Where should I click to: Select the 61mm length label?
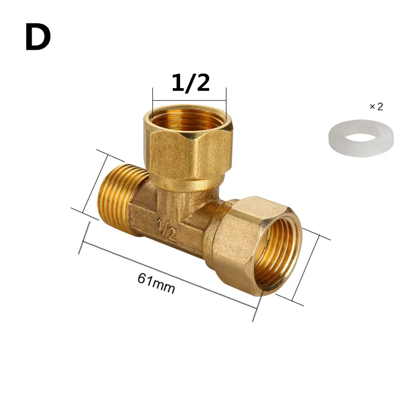[x=156, y=283]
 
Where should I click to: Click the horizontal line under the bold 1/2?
[x=189, y=100]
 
